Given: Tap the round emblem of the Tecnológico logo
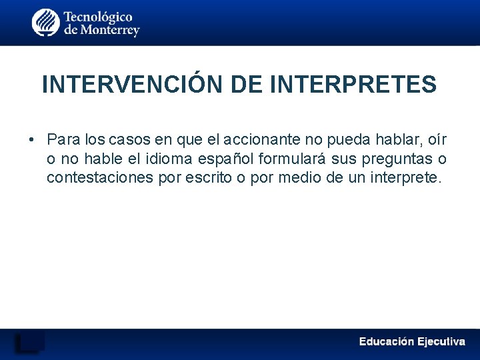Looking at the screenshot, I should pos(45,23).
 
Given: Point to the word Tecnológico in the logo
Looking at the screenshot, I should pos(98,17).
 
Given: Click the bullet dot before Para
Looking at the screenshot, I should pos(32,140).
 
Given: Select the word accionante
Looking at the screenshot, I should pos(261,140).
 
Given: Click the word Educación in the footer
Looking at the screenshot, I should pos(387,341).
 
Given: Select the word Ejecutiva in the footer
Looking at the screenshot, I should pos(441,341).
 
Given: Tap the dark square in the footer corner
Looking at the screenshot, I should pos(30,341).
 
